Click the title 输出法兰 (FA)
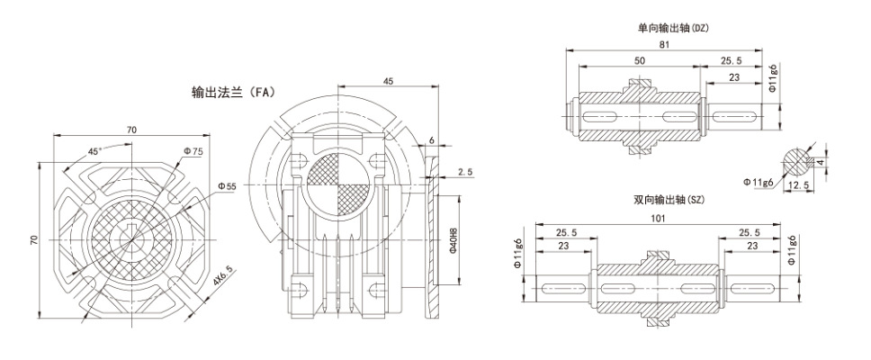pos(233,92)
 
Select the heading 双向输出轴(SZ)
pos(669,200)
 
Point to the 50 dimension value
pos(640,60)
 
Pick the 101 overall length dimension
pos(658,219)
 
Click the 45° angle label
pos(95,151)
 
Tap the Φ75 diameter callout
pos(193,151)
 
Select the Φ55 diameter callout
pos(227,187)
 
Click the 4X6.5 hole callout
pos(224,278)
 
